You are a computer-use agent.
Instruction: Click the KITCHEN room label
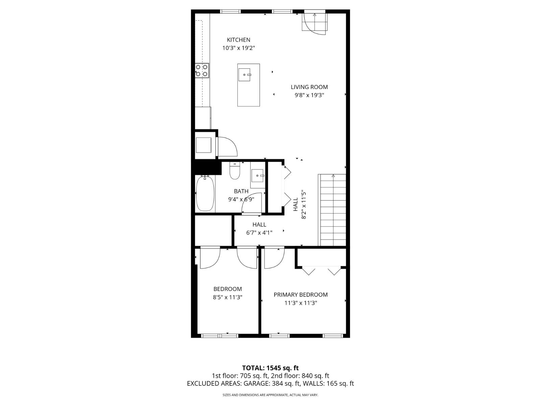tap(238, 40)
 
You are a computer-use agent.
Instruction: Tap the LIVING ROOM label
tap(309, 87)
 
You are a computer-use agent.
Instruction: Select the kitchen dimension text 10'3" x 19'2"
tap(238, 48)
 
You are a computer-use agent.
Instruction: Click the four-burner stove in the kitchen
tap(202, 70)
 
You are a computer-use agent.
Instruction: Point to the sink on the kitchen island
tap(244, 74)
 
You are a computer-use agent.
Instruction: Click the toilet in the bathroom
tap(234, 171)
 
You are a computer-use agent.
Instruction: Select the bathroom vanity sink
tap(258, 176)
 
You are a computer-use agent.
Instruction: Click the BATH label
tap(241, 191)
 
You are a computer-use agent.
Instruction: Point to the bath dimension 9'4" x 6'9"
tap(241, 199)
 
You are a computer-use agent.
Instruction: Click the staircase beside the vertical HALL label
tap(333, 210)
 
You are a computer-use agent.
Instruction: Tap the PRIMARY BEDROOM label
tap(301, 295)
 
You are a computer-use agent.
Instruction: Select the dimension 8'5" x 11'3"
tap(228, 297)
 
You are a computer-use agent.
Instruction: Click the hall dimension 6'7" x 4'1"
tap(259, 232)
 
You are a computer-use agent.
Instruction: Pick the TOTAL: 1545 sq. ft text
tap(270, 368)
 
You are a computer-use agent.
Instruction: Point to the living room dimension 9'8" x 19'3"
tap(309, 95)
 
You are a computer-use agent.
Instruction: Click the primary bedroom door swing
tap(274, 258)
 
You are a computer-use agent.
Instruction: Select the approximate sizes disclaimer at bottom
tap(270, 395)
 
